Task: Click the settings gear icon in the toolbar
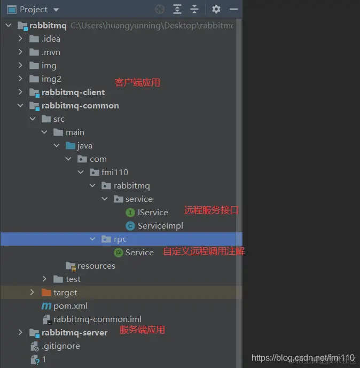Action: [216, 9]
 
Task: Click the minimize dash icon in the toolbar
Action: [233, 9]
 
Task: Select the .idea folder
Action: [51, 38]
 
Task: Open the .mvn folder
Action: [51, 52]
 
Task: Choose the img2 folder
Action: [51, 79]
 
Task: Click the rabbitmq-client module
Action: [73, 92]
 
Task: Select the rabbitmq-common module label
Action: [80, 105]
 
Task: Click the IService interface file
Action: [153, 212]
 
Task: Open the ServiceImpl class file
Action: [160, 225]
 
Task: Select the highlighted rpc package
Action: [120, 239]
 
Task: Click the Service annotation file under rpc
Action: [139, 252]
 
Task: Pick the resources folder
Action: [96, 265]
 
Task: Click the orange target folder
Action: [65, 292]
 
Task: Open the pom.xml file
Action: [71, 306]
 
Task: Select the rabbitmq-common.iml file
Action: [97, 319]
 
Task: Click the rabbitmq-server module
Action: [74, 332]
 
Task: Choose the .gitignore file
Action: [61, 346]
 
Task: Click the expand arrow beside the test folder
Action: [45, 279]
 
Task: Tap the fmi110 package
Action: [114, 172]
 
